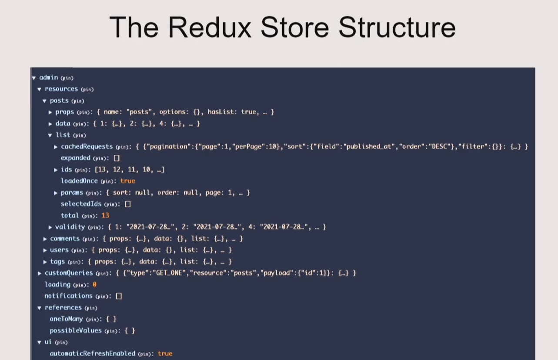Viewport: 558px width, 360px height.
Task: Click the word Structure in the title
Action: (397, 27)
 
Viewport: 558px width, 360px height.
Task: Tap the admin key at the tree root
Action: (48, 77)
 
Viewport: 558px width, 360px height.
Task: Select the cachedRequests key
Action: (87, 147)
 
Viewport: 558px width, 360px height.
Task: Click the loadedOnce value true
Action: (128, 181)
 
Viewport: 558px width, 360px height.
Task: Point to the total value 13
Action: (105, 215)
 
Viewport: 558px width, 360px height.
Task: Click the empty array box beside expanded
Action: (117, 158)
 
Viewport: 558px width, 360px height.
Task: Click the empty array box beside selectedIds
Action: (127, 204)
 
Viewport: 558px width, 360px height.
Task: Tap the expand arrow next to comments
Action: (45, 239)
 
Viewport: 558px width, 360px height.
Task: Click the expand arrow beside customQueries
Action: (40, 273)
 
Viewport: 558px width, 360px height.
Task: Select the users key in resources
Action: (59, 250)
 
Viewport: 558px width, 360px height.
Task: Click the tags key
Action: (57, 261)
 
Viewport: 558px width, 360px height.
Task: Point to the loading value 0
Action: (94, 285)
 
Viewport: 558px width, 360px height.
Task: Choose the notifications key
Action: (68, 296)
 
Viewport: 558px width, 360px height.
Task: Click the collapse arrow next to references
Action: (40, 308)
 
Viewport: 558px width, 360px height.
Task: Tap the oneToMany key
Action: (66, 319)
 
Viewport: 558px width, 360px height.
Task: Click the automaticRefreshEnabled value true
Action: (165, 353)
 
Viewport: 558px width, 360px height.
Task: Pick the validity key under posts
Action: (70, 227)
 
